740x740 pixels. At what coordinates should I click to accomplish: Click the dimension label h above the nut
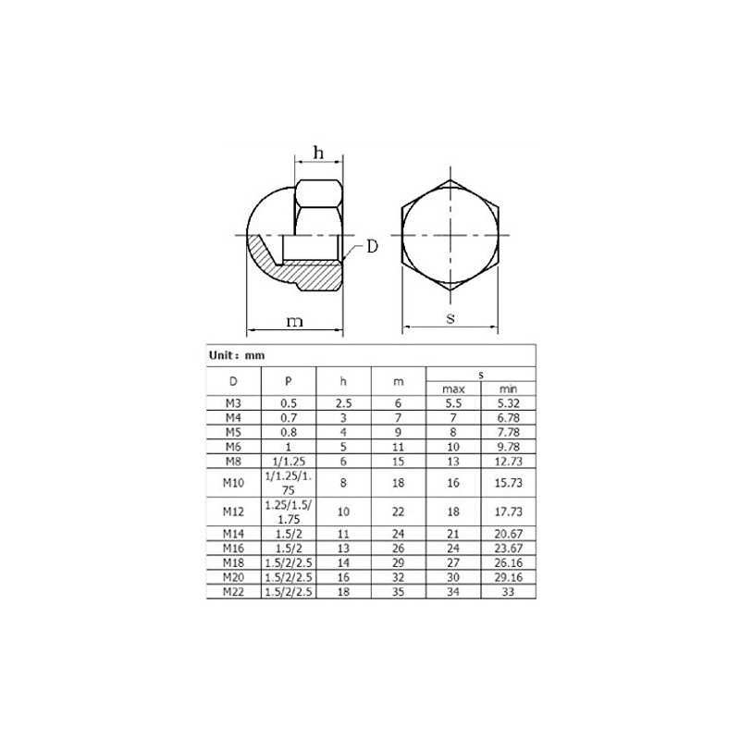point(316,154)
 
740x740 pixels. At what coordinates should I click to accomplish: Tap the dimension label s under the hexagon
point(450,318)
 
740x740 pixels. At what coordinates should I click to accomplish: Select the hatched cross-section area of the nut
point(305,273)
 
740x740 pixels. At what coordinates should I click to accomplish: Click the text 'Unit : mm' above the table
point(239,354)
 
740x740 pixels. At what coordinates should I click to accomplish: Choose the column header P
point(289,381)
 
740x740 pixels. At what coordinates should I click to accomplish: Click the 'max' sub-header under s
point(453,388)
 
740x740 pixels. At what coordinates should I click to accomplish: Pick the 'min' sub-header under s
point(508,388)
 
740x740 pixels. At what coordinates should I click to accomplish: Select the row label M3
point(232,402)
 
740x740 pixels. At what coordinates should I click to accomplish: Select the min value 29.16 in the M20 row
point(508,577)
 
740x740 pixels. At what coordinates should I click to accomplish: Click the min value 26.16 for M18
point(508,561)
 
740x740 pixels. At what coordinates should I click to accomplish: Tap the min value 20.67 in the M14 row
point(508,534)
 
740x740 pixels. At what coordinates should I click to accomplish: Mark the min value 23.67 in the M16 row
point(508,548)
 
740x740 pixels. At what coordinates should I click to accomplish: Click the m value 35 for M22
point(399,591)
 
